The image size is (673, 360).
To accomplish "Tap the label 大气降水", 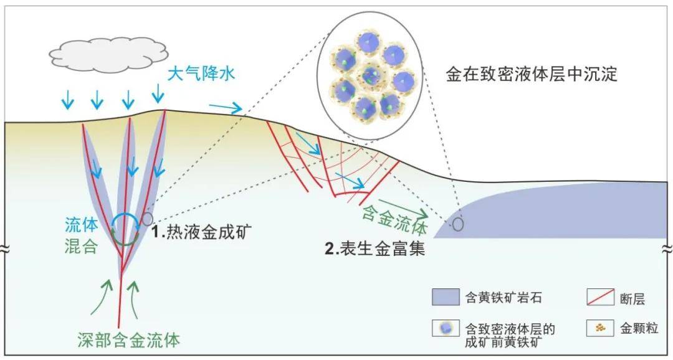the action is pyautogui.click(x=201, y=73).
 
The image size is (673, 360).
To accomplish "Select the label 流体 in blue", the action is pyautogui.click(x=82, y=224).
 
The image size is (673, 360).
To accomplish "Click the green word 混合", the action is pyautogui.click(x=82, y=247).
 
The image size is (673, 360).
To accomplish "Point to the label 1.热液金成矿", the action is pyautogui.click(x=200, y=232).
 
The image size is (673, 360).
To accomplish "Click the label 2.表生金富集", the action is pyautogui.click(x=375, y=249).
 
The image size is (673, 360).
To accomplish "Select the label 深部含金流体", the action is pyautogui.click(x=129, y=340).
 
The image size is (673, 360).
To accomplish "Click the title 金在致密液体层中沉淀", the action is pyautogui.click(x=532, y=75).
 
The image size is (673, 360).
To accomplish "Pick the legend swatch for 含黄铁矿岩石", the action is pyautogui.click(x=446, y=297).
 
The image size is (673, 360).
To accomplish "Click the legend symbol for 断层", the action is pyautogui.click(x=600, y=297).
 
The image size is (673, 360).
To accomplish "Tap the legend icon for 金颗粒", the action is pyautogui.click(x=600, y=328).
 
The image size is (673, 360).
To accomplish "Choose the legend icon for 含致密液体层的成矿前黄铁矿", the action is pyautogui.click(x=446, y=328).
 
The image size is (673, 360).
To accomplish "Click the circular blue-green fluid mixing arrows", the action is pyautogui.click(x=125, y=230).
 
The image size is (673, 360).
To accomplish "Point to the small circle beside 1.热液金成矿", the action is pyautogui.click(x=147, y=219).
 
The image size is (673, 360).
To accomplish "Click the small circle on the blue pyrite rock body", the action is pyautogui.click(x=458, y=224).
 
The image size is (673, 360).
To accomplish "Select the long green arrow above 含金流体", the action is pyautogui.click(x=403, y=207).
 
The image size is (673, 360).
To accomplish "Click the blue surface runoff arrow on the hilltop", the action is pyautogui.click(x=226, y=108).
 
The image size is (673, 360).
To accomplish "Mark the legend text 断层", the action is pyautogui.click(x=632, y=297).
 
